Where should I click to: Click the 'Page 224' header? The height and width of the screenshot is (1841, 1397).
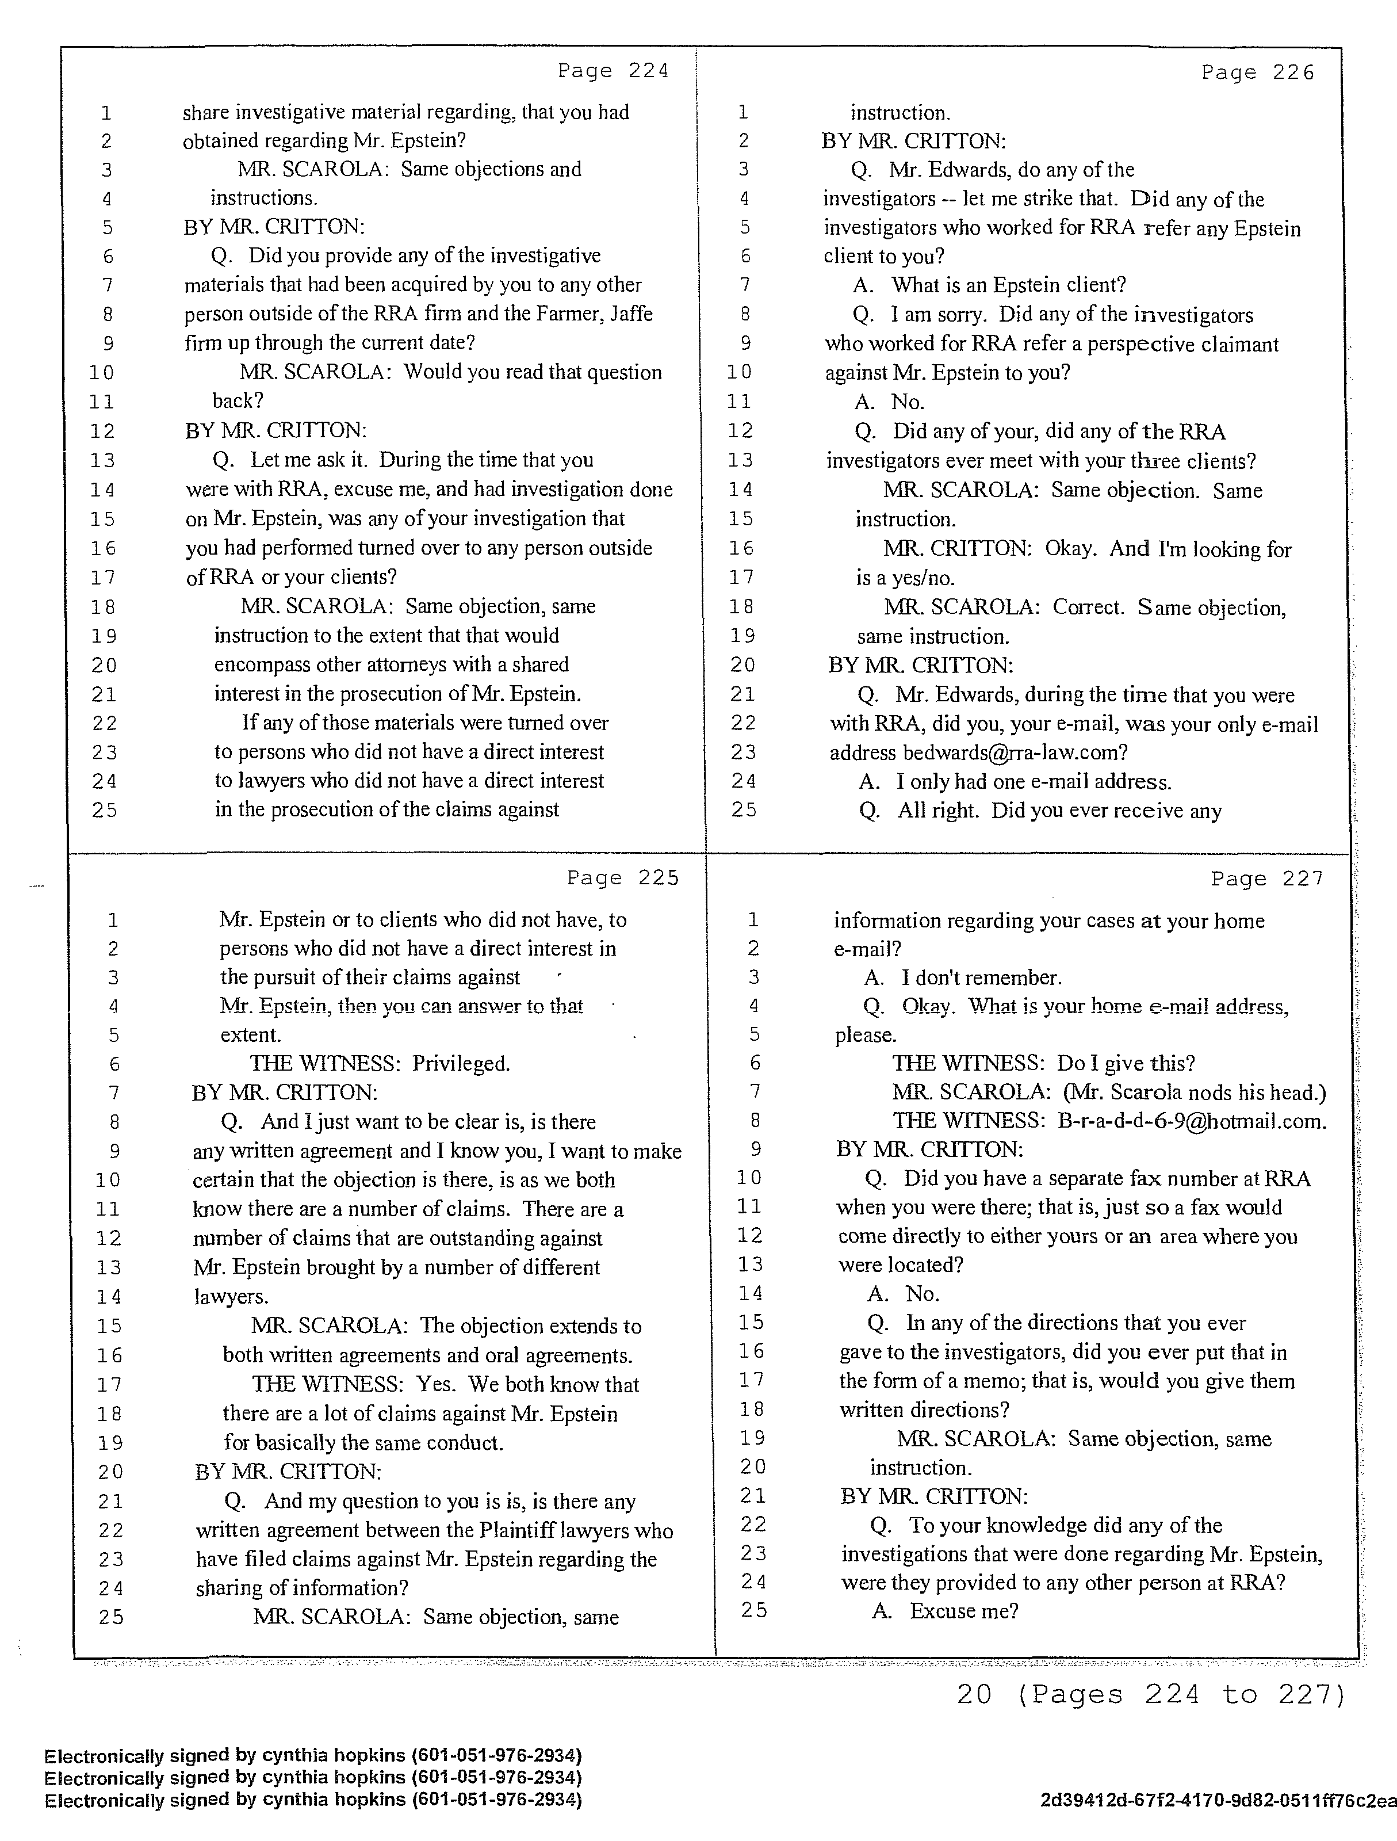coord(613,71)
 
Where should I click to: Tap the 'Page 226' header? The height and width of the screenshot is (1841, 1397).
coord(1257,73)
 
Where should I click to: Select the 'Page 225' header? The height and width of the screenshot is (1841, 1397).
coord(623,878)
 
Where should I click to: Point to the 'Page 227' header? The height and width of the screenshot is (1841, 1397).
coord(1266,879)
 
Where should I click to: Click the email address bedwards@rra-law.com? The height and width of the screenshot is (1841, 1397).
coord(1015,753)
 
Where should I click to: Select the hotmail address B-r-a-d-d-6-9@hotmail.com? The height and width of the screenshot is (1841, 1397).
coord(1192,1121)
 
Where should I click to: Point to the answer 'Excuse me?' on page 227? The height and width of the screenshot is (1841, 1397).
coord(963,1610)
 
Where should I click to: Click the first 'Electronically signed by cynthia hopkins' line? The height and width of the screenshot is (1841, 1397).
coord(313,1755)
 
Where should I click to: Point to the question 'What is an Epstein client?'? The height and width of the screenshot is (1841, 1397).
coord(1008,285)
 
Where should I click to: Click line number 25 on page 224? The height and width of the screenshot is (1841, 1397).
coord(105,810)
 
